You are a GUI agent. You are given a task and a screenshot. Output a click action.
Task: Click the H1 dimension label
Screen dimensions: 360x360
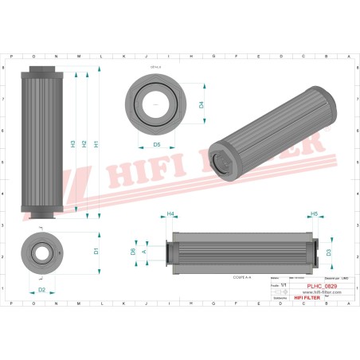(x=96, y=144)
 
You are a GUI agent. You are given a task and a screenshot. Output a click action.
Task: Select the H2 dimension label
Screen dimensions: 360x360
(x=84, y=144)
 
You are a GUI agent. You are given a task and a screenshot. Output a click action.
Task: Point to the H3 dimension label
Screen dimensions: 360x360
(x=73, y=144)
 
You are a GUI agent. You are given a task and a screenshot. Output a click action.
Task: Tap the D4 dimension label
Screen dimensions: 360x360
(x=202, y=104)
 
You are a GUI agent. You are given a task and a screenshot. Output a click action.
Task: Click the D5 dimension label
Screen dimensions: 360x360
(x=157, y=145)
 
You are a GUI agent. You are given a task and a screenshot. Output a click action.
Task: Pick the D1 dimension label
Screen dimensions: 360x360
(x=96, y=251)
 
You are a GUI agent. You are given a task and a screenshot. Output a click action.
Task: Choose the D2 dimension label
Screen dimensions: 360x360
(x=42, y=290)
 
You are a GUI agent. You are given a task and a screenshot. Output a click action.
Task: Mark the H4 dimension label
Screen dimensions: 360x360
(x=170, y=214)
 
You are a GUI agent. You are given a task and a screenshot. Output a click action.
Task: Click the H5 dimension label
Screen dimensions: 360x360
(x=314, y=214)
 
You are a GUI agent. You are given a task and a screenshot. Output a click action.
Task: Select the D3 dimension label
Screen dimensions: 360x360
(x=328, y=252)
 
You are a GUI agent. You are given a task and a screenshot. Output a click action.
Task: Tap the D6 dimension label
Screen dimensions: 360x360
(x=132, y=252)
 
